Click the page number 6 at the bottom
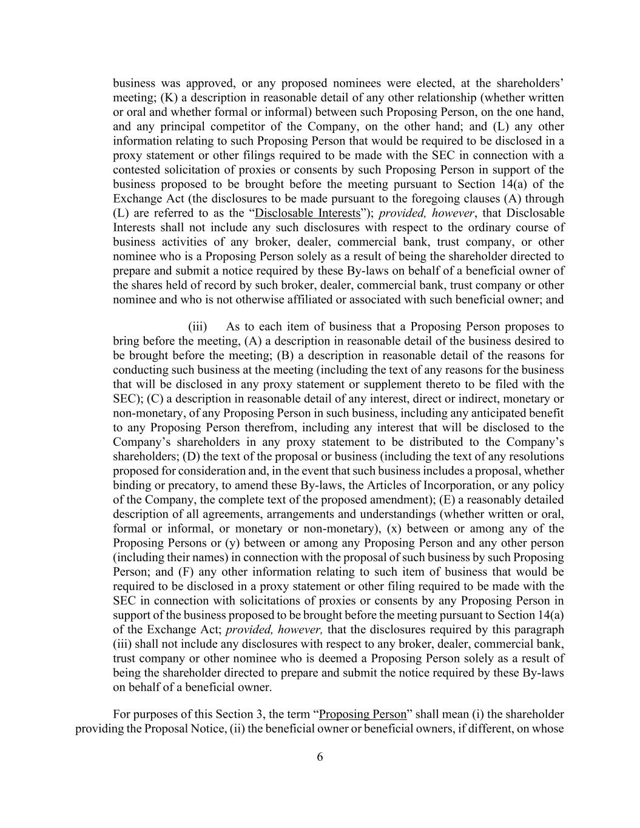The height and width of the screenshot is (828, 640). point(320,756)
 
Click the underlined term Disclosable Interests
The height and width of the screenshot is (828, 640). point(308,213)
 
